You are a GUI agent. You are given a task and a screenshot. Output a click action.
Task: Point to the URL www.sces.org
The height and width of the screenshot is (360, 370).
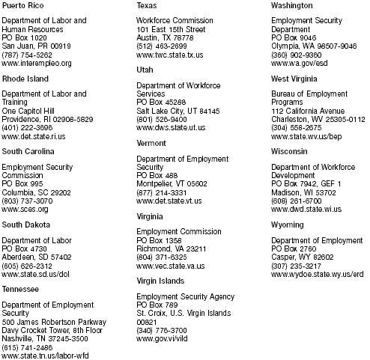[25, 210]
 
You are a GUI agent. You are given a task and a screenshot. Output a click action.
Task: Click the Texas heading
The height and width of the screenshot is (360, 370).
[146, 5]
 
